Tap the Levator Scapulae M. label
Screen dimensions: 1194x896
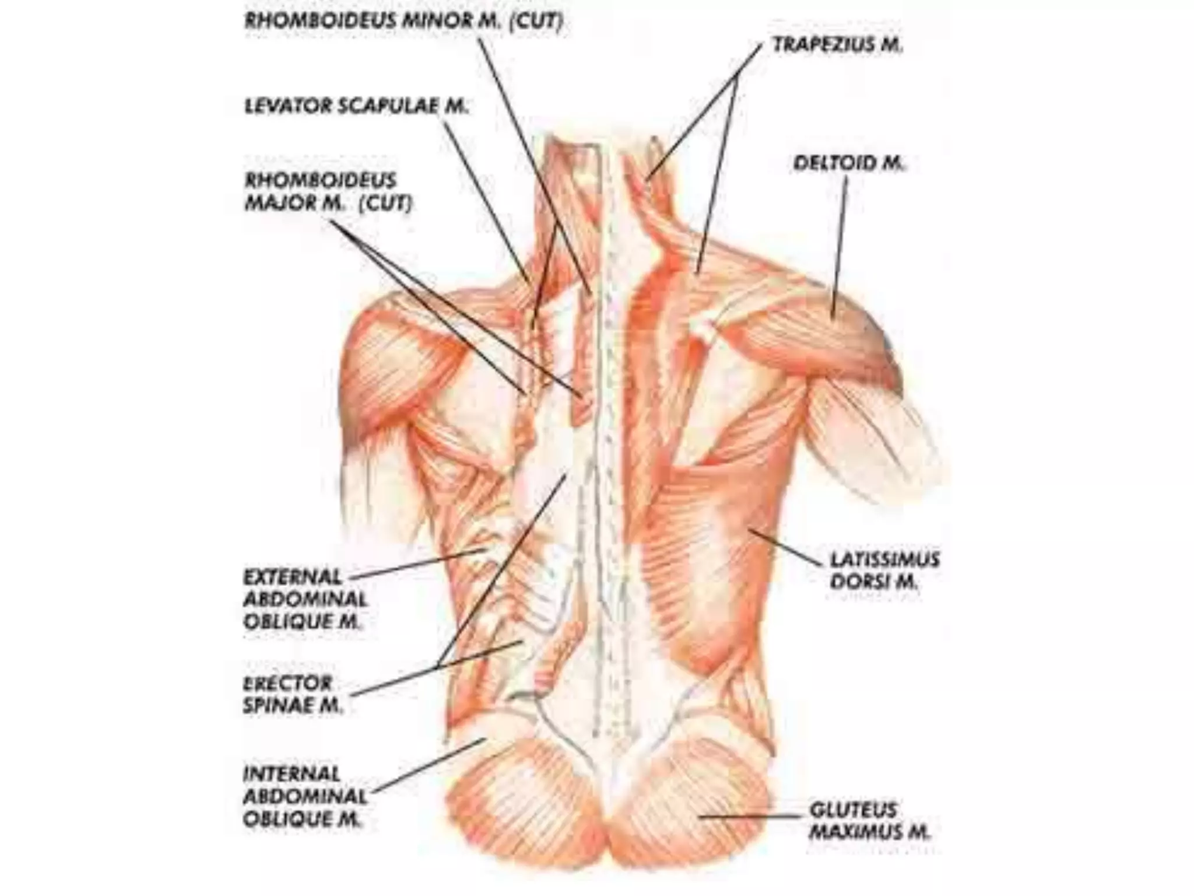(356, 106)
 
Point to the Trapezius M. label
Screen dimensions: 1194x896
(837, 45)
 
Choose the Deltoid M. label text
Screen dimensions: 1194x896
(849, 163)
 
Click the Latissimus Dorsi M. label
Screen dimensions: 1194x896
(884, 570)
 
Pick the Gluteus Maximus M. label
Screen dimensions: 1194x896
(869, 821)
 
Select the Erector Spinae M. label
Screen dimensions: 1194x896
(292, 694)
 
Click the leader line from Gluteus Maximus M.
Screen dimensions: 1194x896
(752, 816)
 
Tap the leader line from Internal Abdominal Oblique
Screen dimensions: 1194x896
(429, 766)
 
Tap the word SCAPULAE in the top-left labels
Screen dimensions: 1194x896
(390, 106)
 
